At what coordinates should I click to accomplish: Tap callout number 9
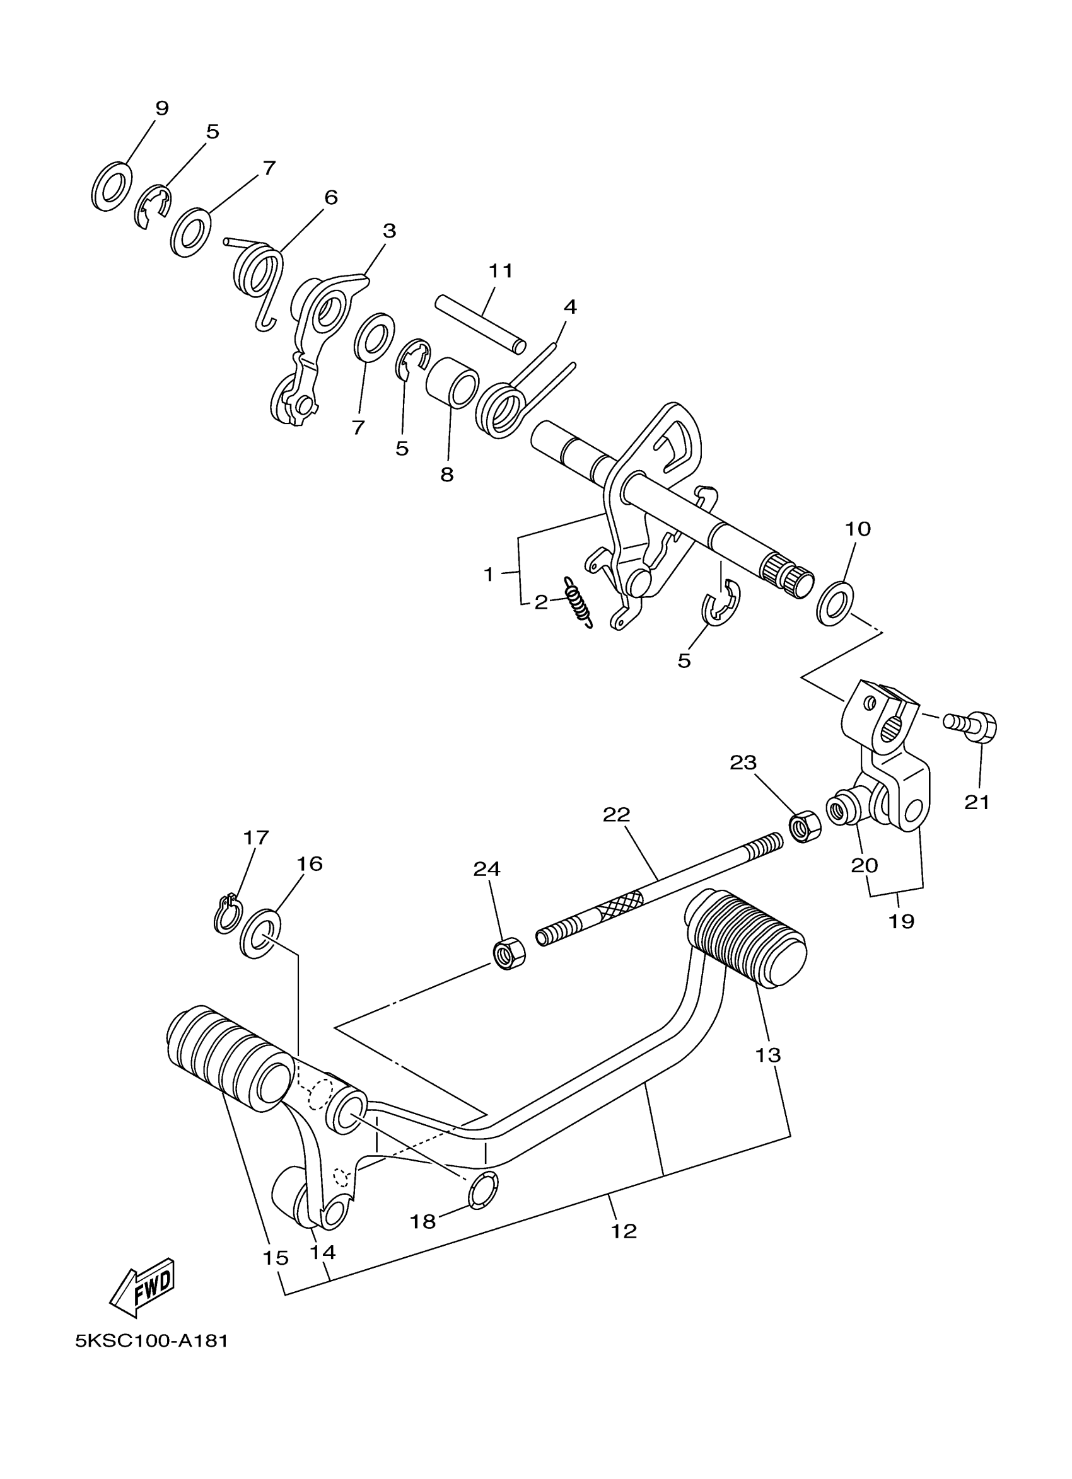pyautogui.click(x=162, y=108)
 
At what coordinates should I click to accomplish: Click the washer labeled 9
pyautogui.click(x=111, y=186)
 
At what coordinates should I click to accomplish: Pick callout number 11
pyautogui.click(x=501, y=270)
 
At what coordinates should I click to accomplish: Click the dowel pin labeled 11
pyautogui.click(x=482, y=324)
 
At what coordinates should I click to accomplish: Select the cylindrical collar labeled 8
pyautogui.click(x=452, y=381)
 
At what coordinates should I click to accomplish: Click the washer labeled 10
pyautogui.click(x=836, y=603)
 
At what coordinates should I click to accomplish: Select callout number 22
pyautogui.click(x=617, y=815)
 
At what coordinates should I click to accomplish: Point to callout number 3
pyautogui.click(x=390, y=231)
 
